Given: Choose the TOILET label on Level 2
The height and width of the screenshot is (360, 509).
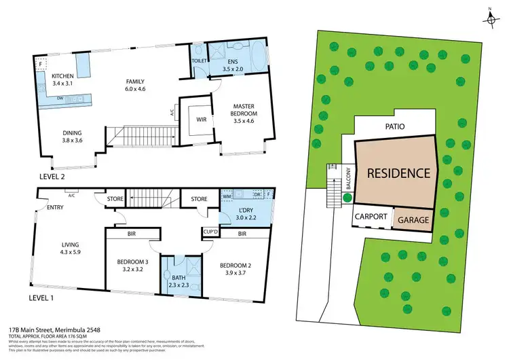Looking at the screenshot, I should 197,60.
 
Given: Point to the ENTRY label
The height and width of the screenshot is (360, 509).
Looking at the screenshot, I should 47,208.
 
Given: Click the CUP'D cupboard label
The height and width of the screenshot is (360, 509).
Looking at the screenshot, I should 210,232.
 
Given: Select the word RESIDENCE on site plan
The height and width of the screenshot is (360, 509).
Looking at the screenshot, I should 398,173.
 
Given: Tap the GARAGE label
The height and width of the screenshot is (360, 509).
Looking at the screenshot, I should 413,221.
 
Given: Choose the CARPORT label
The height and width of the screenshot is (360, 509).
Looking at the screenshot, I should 371,217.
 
